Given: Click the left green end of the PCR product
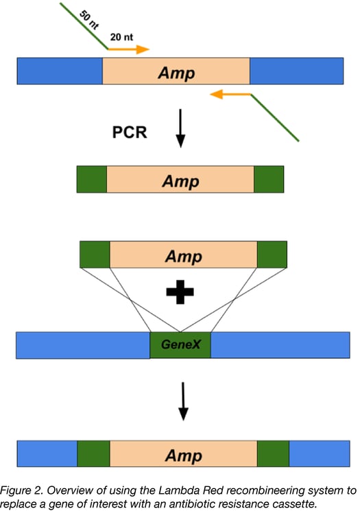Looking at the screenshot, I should coord(92,180).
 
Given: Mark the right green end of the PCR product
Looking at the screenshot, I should coord(269,180).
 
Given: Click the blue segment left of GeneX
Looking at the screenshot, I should coord(82,345).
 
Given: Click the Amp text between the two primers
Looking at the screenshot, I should coord(176,72).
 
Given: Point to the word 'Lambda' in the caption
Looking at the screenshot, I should coord(198,490).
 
